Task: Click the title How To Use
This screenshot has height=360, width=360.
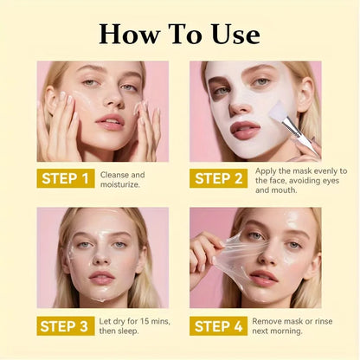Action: [x=179, y=34]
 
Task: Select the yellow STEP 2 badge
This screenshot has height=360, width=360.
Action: [x=219, y=179]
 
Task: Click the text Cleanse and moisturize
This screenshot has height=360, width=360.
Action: [x=122, y=179]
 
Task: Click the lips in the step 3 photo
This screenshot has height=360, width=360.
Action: [x=103, y=277]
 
